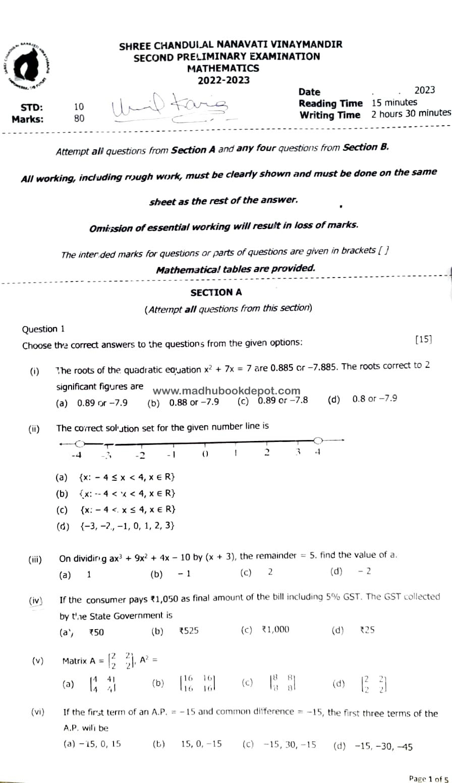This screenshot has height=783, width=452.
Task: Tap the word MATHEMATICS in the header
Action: [223, 68]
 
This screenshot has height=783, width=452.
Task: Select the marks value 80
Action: [79, 119]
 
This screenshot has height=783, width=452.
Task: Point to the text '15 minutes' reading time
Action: [394, 102]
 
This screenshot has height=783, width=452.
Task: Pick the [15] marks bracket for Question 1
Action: [423, 340]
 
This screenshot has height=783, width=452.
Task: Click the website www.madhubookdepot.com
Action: [226, 391]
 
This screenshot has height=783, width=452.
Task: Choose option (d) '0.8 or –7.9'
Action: [374, 399]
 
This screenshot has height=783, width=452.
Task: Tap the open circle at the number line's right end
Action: [318, 440]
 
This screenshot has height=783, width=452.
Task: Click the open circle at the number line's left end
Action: [80, 444]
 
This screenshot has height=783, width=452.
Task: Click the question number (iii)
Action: [35, 559]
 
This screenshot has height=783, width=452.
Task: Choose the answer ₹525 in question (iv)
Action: [189, 630]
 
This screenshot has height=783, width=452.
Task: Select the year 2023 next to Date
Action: [424, 90]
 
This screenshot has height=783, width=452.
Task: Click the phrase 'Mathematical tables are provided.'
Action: [236, 269]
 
